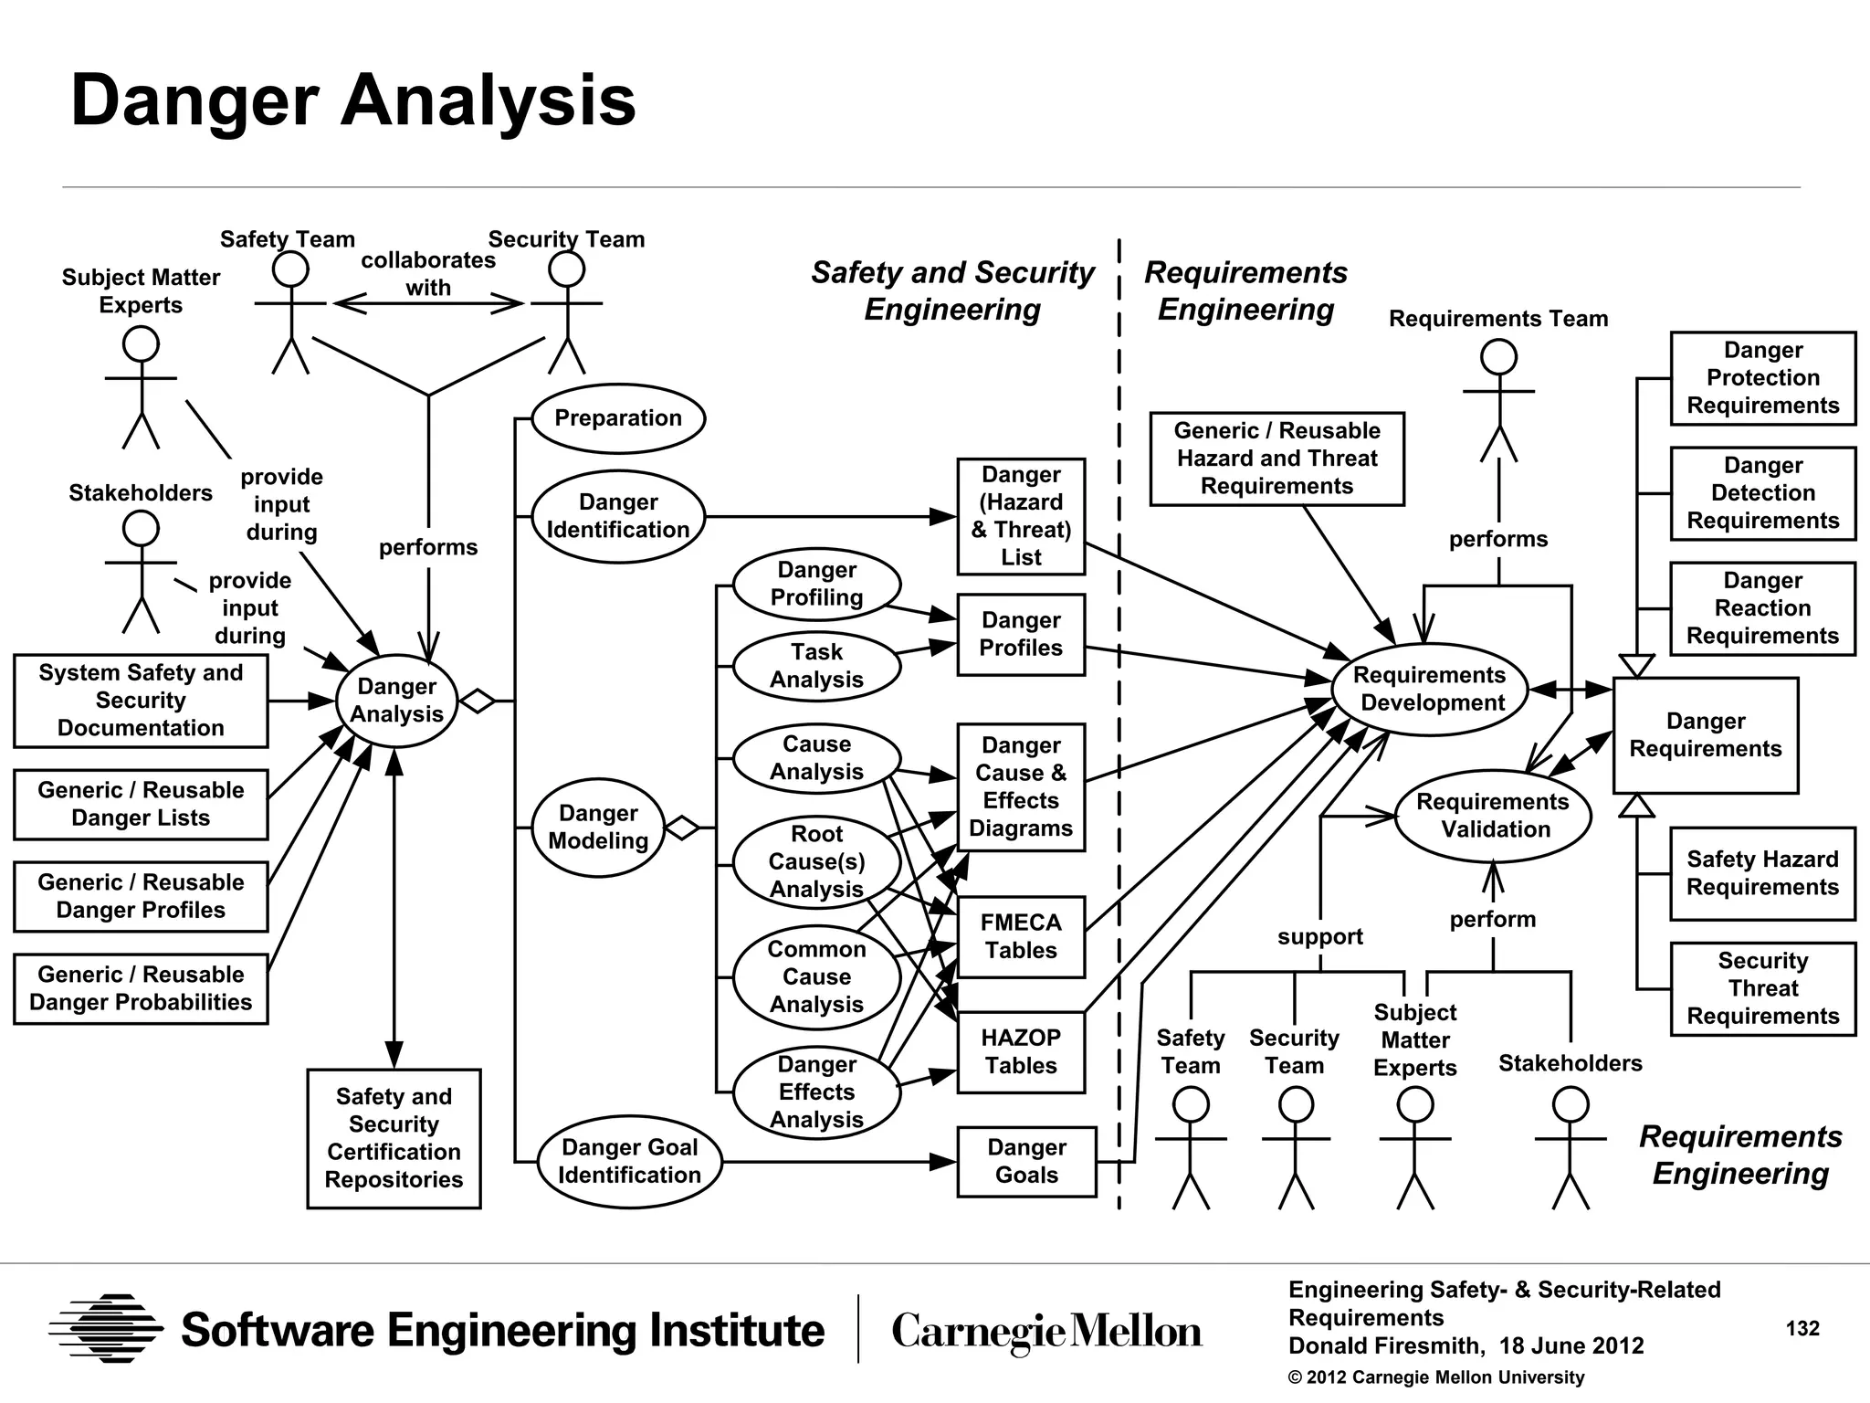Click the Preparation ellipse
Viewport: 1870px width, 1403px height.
click(x=618, y=418)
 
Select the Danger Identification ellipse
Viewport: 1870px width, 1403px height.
click(x=618, y=516)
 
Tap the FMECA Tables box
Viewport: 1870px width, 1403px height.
click(x=1021, y=937)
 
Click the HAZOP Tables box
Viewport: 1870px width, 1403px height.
click(x=1021, y=1052)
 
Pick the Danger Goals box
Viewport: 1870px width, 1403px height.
click(x=1026, y=1161)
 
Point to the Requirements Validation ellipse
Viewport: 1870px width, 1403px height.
click(x=1493, y=816)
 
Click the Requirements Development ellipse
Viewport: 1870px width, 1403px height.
click(x=1430, y=689)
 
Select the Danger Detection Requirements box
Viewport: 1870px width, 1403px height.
click(x=1762, y=493)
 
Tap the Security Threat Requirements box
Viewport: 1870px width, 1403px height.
click(x=1762, y=988)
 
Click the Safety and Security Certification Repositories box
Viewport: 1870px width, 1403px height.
click(x=394, y=1138)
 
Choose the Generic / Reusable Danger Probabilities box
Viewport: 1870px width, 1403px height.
click(x=141, y=988)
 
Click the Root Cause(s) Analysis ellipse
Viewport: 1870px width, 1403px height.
click(x=815, y=861)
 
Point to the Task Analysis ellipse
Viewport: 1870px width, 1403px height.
click(x=815, y=666)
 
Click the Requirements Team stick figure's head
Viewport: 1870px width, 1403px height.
click(x=1498, y=357)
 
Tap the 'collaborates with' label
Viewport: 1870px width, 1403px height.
click(x=428, y=273)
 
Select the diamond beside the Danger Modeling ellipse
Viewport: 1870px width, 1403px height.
click(x=681, y=828)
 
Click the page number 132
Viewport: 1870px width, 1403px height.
click(x=1802, y=1328)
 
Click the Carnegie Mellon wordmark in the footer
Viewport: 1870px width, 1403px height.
click(x=1046, y=1331)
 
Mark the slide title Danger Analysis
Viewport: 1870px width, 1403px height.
click(x=352, y=100)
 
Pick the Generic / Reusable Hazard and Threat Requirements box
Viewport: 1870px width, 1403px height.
click(x=1276, y=459)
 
